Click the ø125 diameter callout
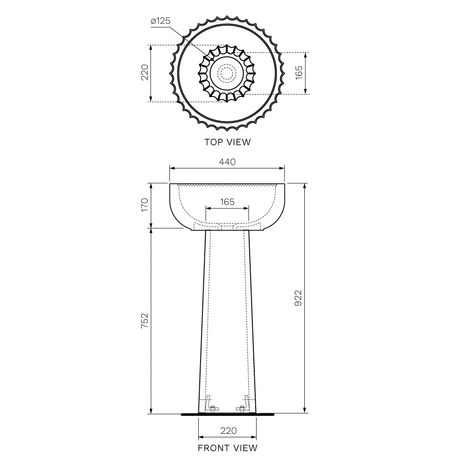(160, 21)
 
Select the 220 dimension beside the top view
(145, 73)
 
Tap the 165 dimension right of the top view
(299, 73)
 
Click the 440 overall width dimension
(227, 162)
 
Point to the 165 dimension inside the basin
(227, 202)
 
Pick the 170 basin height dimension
(145, 205)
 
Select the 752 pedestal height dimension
(145, 321)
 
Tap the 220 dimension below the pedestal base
(228, 431)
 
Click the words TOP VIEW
(228, 142)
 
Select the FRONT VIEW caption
(228, 448)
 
